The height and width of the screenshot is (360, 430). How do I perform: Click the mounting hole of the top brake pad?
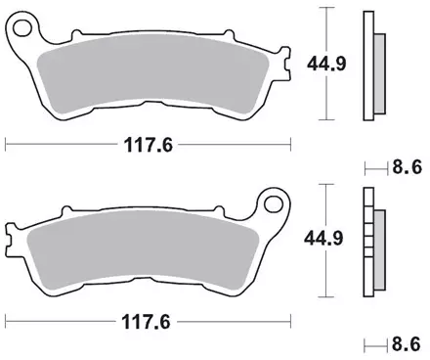[x=21, y=28]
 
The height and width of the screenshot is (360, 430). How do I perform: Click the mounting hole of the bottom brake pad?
[x=274, y=204]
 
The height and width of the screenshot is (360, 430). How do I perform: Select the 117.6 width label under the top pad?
[x=149, y=145]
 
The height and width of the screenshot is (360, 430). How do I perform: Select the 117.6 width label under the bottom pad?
[x=146, y=322]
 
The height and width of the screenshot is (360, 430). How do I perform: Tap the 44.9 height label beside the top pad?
[x=326, y=64]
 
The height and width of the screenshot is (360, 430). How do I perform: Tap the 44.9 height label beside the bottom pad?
[x=323, y=239]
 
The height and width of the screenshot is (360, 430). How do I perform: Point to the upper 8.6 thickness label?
[x=407, y=167]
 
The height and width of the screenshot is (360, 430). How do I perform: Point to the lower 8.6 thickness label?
[x=407, y=344]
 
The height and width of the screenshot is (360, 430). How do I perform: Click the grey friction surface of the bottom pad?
[x=144, y=250]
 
